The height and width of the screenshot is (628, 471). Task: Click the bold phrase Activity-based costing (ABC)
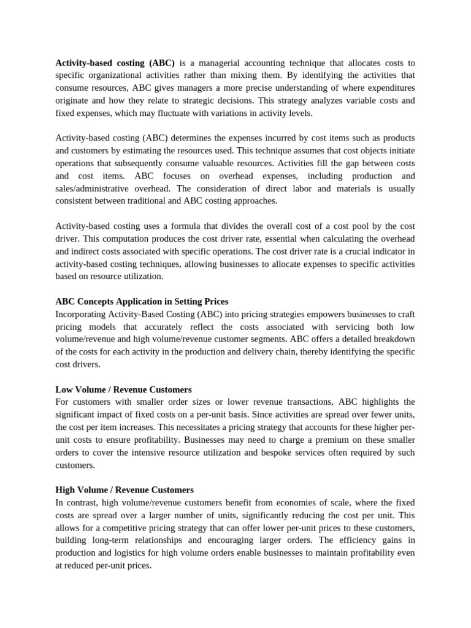(x=115, y=63)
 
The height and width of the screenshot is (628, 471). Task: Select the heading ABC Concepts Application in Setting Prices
(x=142, y=301)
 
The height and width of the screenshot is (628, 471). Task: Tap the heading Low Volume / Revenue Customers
(x=123, y=389)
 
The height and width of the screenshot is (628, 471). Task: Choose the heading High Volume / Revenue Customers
(x=124, y=490)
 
